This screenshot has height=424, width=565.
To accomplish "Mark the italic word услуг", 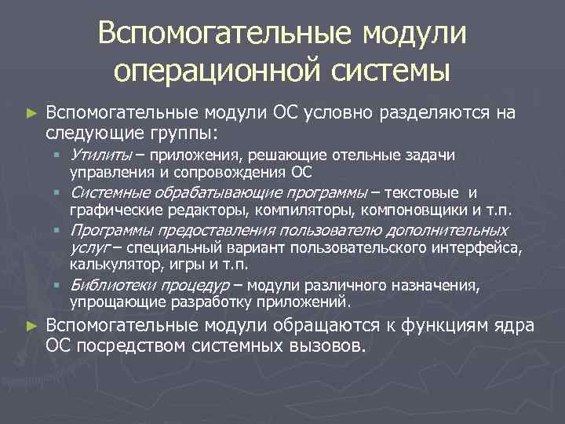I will (86, 248).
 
